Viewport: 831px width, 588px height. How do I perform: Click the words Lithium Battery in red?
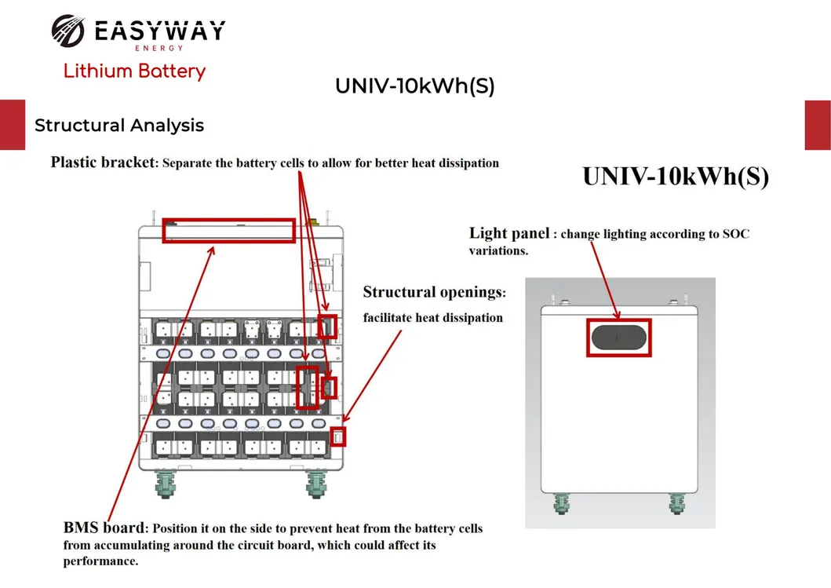pyautogui.click(x=134, y=71)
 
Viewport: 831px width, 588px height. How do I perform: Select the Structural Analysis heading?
pyautogui.click(x=119, y=126)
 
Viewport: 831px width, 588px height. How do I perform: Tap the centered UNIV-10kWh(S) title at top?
pyautogui.click(x=414, y=86)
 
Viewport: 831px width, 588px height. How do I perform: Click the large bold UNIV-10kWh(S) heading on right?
pyautogui.click(x=675, y=177)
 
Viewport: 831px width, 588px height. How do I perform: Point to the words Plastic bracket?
pyautogui.click(x=104, y=163)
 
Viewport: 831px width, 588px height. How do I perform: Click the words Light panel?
pyautogui.click(x=509, y=233)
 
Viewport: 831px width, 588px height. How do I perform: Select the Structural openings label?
pyautogui.click(x=434, y=292)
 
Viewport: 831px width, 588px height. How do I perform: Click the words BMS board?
pyautogui.click(x=104, y=528)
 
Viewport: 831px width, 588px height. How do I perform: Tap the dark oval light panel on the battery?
pyautogui.click(x=618, y=337)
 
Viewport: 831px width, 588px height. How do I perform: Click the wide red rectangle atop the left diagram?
pyautogui.click(x=228, y=231)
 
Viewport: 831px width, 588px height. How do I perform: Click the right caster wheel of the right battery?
pyautogui.click(x=676, y=502)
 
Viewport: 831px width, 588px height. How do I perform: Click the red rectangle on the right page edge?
pyautogui.click(x=818, y=125)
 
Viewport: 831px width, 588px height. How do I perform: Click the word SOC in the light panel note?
pyautogui.click(x=735, y=234)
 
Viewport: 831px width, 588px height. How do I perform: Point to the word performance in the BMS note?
pyautogui.click(x=100, y=562)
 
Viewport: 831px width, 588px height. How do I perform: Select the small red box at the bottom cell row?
pyautogui.click(x=337, y=436)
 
